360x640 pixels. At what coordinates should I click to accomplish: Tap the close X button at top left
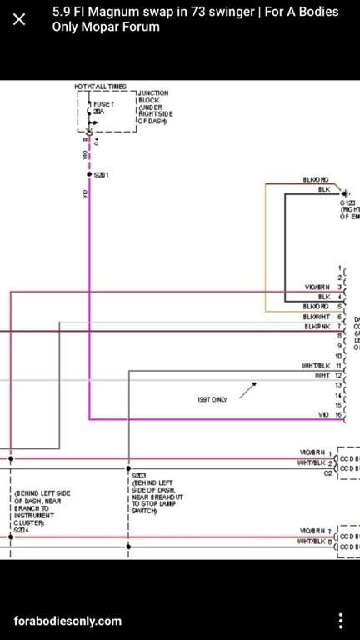(19, 19)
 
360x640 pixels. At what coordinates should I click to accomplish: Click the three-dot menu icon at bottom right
(340, 621)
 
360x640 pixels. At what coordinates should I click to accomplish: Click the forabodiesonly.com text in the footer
(67, 621)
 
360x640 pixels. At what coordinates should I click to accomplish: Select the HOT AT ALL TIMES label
(100, 87)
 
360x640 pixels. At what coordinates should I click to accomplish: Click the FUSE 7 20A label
(103, 107)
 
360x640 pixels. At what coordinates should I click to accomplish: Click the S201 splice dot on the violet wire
(89, 175)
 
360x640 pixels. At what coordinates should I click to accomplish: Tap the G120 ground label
(347, 202)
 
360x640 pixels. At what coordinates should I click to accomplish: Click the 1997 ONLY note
(212, 399)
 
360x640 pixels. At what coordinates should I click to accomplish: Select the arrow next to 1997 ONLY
(247, 390)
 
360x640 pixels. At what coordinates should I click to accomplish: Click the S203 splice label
(138, 476)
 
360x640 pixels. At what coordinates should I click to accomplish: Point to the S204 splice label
(22, 530)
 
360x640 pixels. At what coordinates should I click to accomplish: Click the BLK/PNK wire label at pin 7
(317, 327)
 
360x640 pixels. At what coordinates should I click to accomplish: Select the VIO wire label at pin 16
(323, 414)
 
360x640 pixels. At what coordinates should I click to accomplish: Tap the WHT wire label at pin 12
(322, 376)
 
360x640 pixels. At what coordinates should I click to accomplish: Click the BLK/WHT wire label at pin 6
(317, 317)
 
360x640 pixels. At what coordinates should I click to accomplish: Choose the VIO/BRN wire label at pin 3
(317, 287)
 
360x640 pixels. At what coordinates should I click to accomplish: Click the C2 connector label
(328, 472)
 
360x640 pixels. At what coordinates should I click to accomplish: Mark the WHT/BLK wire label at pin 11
(316, 366)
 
